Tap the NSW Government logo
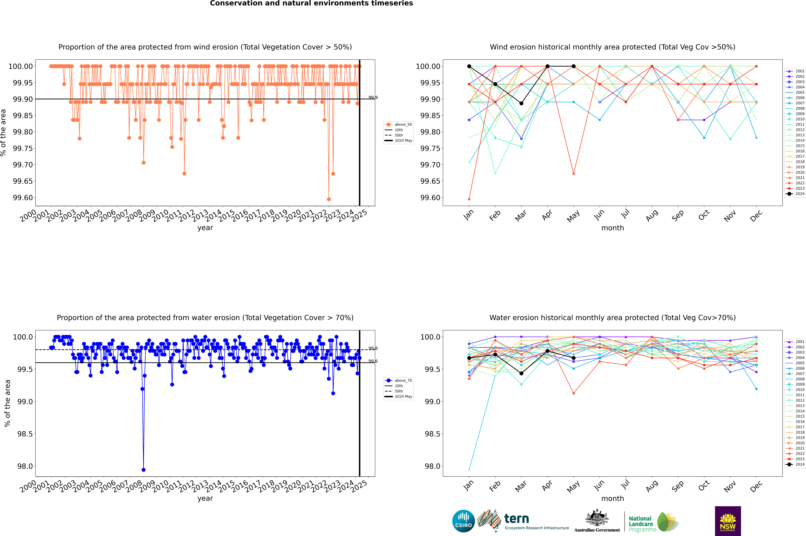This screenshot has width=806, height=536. pos(728,521)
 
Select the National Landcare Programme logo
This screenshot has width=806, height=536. pos(653,522)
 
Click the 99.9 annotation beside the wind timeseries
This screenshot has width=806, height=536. pos(373,98)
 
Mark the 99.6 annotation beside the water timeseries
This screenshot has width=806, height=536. pos(373,361)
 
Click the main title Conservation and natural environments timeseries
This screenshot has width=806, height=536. pos(311,3)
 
